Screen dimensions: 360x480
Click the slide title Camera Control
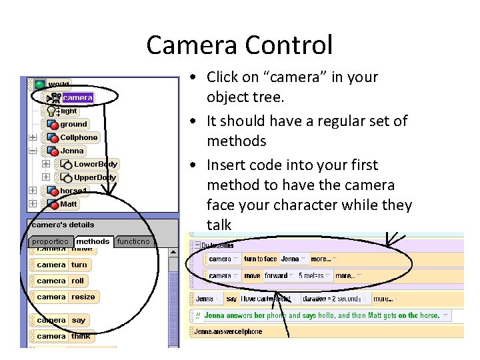pyautogui.click(x=239, y=45)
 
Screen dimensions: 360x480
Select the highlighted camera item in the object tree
pyautogui.click(x=77, y=97)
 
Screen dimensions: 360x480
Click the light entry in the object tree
pyautogui.click(x=69, y=111)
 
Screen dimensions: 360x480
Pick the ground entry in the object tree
pyautogui.click(x=73, y=124)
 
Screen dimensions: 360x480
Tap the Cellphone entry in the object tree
pyautogui.click(x=79, y=137)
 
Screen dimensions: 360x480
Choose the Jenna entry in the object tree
pyautogui.click(x=72, y=151)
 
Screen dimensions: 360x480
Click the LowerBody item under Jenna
pyautogui.click(x=95, y=164)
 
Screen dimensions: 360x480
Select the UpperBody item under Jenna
pyautogui.click(x=95, y=177)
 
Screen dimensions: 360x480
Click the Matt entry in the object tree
pyautogui.click(x=69, y=204)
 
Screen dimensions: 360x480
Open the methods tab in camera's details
pyautogui.click(x=93, y=241)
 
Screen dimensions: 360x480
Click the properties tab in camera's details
pyautogui.click(x=51, y=241)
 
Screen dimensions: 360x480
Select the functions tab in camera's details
pyautogui.click(x=134, y=241)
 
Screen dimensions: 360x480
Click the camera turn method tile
pyautogui.click(x=79, y=265)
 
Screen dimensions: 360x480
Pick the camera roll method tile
pyautogui.click(x=78, y=281)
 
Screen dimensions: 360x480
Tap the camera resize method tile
pyautogui.click(x=83, y=297)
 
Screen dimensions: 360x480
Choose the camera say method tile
pyautogui.click(x=79, y=320)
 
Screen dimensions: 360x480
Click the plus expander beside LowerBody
pyautogui.click(x=46, y=164)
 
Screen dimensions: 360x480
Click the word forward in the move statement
pyautogui.click(x=275, y=275)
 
